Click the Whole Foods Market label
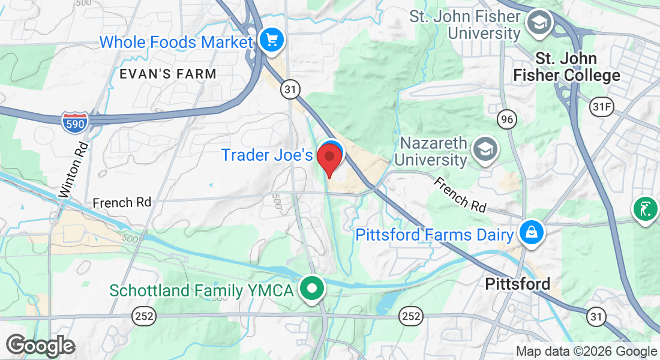coord(176,43)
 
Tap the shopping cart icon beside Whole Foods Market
coord(272,41)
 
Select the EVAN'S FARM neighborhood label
coord(167,74)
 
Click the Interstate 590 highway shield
coord(74,122)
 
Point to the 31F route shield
coord(602,106)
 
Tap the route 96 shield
coord(507,119)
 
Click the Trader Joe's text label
coord(267,155)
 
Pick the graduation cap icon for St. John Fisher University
coord(538,23)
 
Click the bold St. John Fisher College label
coord(566,67)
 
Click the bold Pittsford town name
coord(517,283)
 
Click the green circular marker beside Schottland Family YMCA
coord(312,289)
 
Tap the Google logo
coord(41,346)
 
